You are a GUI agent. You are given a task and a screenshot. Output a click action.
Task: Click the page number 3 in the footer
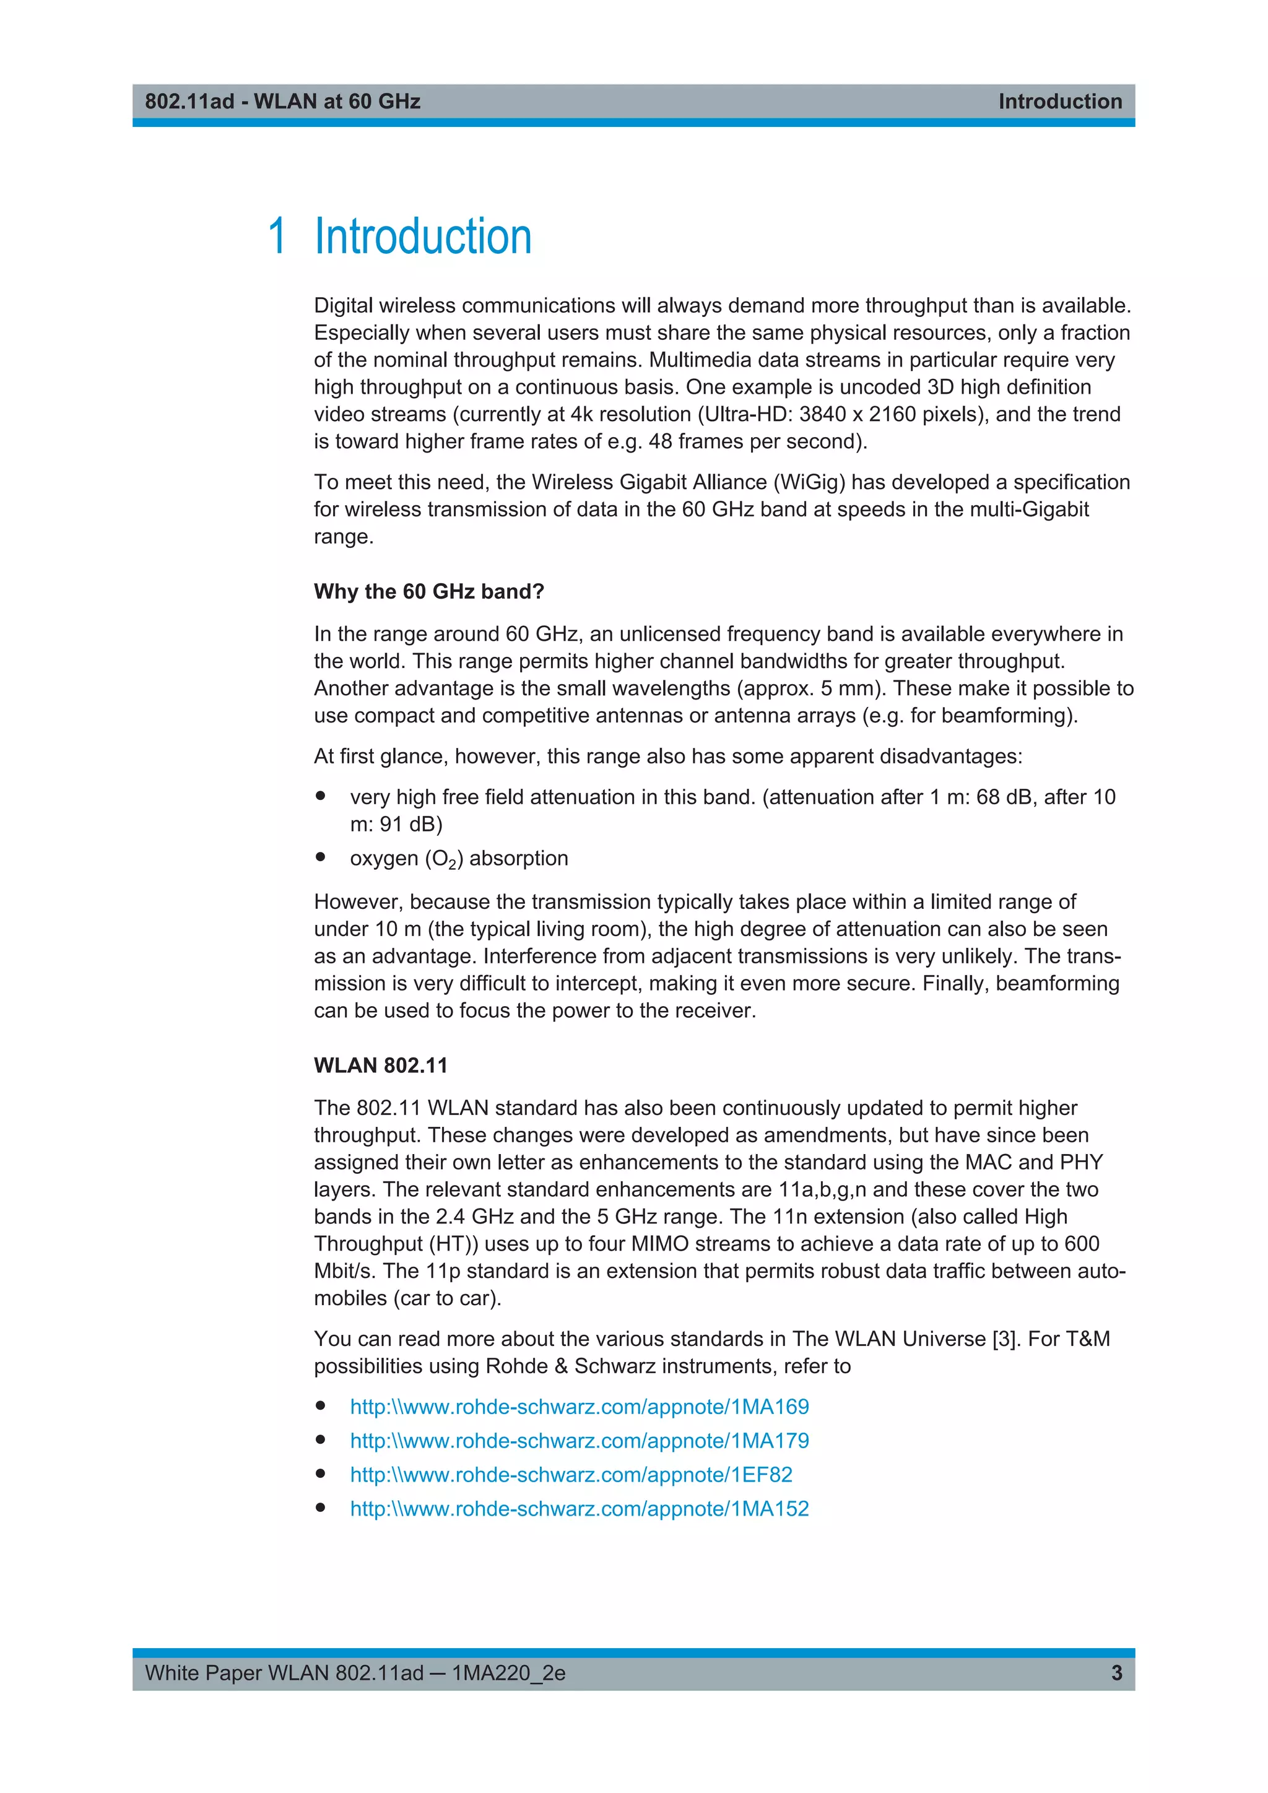[x=1116, y=1673]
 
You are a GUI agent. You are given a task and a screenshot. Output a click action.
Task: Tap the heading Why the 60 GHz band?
[x=428, y=591]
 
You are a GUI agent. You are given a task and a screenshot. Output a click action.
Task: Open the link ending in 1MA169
[x=580, y=1407]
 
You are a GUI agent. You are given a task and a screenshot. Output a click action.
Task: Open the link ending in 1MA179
[x=580, y=1440]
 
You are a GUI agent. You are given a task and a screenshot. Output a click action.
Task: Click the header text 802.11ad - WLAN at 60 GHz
[x=283, y=102]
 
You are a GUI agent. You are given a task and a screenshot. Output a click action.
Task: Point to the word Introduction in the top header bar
[x=1059, y=102]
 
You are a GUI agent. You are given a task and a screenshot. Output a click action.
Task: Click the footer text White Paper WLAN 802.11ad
[x=284, y=1673]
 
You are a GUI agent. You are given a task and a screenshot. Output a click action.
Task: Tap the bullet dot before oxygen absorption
[x=320, y=857]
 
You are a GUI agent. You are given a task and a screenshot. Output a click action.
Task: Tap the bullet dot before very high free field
[x=320, y=796]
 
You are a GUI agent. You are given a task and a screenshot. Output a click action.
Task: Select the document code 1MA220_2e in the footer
[x=508, y=1673]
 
